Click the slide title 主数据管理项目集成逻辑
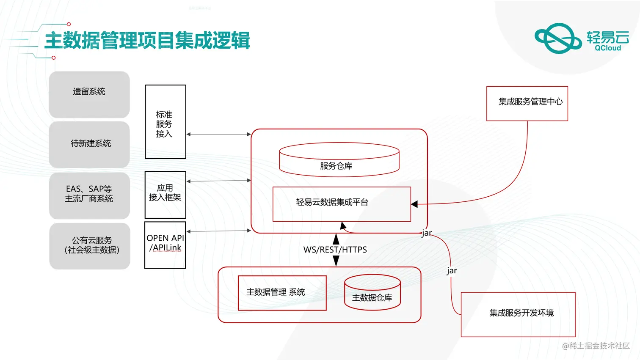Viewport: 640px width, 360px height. point(147,41)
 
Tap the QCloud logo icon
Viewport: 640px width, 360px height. point(558,38)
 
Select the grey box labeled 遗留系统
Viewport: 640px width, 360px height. point(89,94)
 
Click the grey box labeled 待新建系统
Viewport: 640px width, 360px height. point(89,144)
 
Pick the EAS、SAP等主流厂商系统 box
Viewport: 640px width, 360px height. point(89,195)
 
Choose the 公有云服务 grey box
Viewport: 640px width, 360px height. point(90,246)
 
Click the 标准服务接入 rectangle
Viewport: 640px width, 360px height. point(165,122)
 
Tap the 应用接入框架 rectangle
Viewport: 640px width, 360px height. point(165,195)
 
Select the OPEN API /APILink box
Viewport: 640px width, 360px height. point(165,245)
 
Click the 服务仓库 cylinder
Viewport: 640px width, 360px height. point(339,161)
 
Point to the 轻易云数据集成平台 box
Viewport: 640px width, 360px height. point(342,204)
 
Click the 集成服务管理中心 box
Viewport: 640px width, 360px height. point(527,103)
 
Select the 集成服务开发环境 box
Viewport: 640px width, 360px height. point(518,314)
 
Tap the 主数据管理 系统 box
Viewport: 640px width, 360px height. point(282,293)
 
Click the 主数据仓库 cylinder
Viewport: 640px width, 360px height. point(372,293)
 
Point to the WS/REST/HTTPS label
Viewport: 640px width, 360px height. point(335,250)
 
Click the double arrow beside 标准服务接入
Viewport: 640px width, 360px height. point(218,134)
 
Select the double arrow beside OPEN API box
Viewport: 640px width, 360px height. point(218,231)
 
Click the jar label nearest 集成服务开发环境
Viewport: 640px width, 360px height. point(452,271)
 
